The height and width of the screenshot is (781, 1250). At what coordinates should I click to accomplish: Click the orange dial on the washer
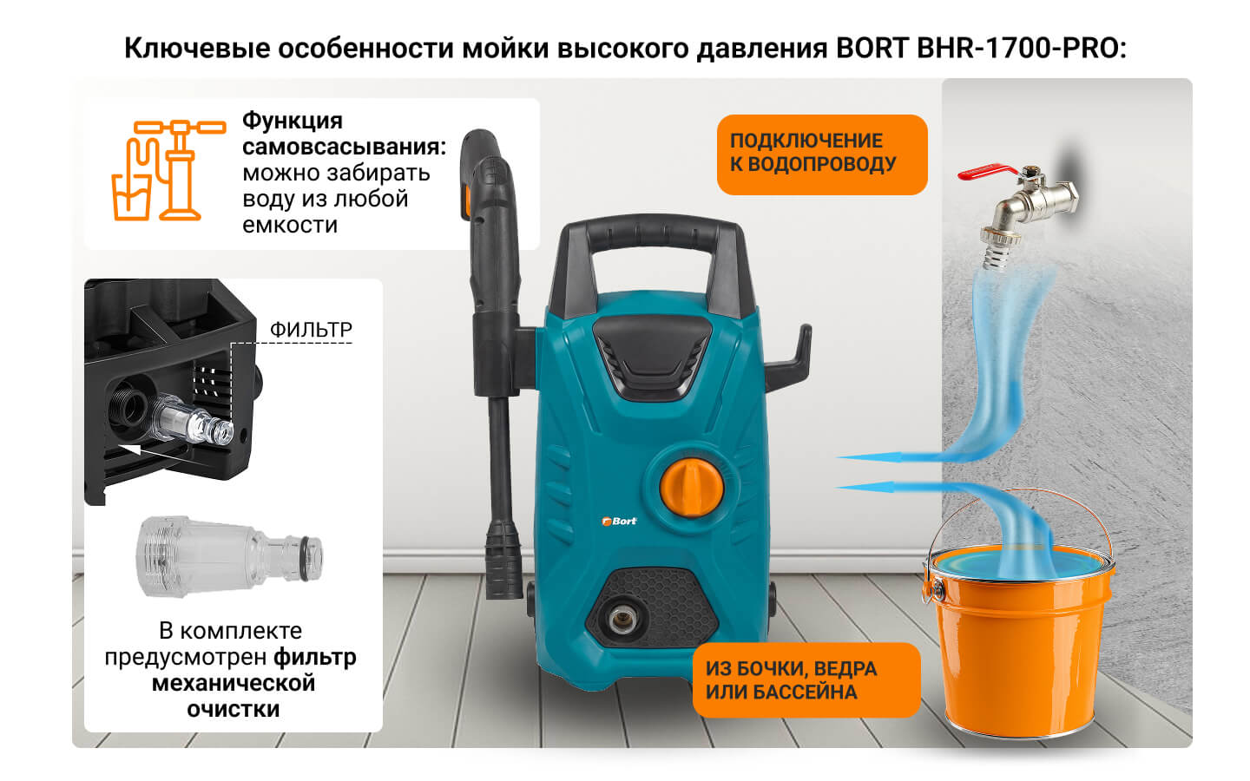691,487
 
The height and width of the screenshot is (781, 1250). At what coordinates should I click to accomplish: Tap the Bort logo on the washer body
620,521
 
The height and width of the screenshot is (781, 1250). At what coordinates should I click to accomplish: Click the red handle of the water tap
987,172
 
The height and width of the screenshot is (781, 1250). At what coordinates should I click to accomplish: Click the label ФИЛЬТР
311,330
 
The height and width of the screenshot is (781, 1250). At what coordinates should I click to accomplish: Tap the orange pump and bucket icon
168,170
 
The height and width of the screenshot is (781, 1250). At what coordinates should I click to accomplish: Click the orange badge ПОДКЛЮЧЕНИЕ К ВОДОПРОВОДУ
822,154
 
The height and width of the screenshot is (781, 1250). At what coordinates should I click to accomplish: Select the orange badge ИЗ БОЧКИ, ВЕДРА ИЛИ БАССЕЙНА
806,680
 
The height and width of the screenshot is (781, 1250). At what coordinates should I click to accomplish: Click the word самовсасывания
345,147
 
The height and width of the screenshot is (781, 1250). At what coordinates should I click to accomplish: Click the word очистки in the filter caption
234,709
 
